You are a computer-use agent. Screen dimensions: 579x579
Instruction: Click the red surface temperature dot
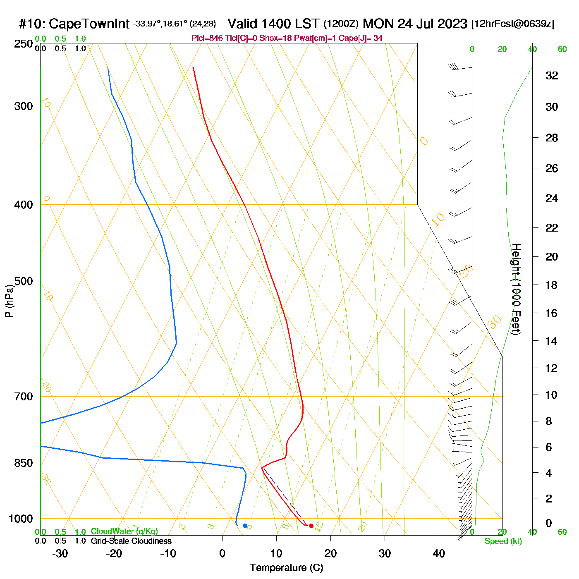[311, 526]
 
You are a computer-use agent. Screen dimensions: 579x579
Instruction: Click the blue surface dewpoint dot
[245, 526]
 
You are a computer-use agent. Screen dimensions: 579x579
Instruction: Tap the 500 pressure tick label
[24, 281]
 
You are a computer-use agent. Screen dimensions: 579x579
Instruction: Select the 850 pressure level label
[24, 463]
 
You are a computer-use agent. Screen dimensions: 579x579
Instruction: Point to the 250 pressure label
[24, 44]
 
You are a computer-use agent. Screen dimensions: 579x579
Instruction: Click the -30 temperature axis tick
[60, 553]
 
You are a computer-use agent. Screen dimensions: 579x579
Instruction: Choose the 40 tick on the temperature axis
[439, 553]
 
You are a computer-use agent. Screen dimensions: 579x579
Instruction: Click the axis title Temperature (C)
[286, 567]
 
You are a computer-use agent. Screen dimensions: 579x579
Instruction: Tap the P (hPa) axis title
[9, 301]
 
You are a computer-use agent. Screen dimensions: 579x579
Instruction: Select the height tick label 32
[552, 75]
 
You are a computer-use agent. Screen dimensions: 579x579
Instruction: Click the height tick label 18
[552, 285]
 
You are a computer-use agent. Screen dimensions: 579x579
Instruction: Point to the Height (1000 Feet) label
[516, 289]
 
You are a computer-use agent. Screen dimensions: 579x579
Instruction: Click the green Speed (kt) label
[503, 541]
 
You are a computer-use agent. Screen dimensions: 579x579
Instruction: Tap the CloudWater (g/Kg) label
[124, 531]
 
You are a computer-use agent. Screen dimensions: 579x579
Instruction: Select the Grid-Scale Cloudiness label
[131, 541]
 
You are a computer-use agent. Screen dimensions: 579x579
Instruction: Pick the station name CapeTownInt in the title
[89, 24]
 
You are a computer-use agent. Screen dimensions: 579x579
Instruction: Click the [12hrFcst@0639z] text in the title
[512, 24]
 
